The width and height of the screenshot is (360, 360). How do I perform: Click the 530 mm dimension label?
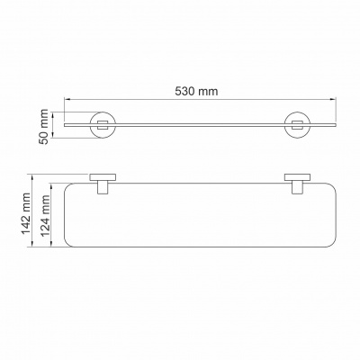(x=196, y=91)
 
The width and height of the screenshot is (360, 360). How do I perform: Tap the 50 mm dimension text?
(x=44, y=127)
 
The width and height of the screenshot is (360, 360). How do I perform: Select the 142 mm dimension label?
(x=25, y=213)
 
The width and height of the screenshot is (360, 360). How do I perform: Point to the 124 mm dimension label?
(x=45, y=216)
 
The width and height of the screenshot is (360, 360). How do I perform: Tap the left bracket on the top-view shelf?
(x=103, y=184)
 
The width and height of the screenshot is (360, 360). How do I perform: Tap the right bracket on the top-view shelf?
(x=297, y=184)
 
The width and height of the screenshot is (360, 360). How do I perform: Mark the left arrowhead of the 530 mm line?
(x=67, y=98)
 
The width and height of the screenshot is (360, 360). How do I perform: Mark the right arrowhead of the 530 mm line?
(x=333, y=98)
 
